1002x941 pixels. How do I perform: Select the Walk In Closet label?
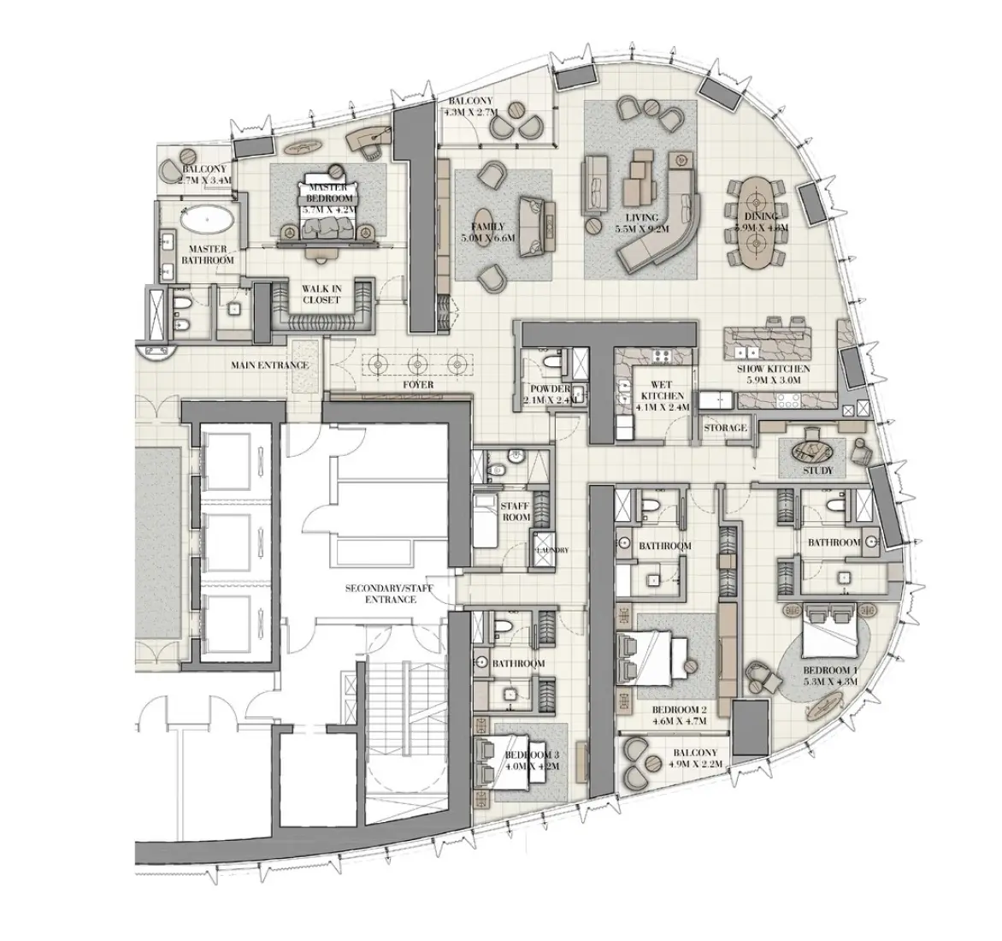(x=321, y=295)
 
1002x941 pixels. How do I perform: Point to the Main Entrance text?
(x=269, y=365)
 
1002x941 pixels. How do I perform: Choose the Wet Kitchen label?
(x=663, y=402)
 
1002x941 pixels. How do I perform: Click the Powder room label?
(x=550, y=394)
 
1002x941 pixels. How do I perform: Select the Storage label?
(x=726, y=428)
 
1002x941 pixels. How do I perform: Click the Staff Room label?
(x=516, y=512)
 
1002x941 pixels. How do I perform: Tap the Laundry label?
(x=548, y=550)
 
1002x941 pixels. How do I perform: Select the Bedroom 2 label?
(x=679, y=715)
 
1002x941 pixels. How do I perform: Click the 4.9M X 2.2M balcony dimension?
(x=695, y=763)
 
